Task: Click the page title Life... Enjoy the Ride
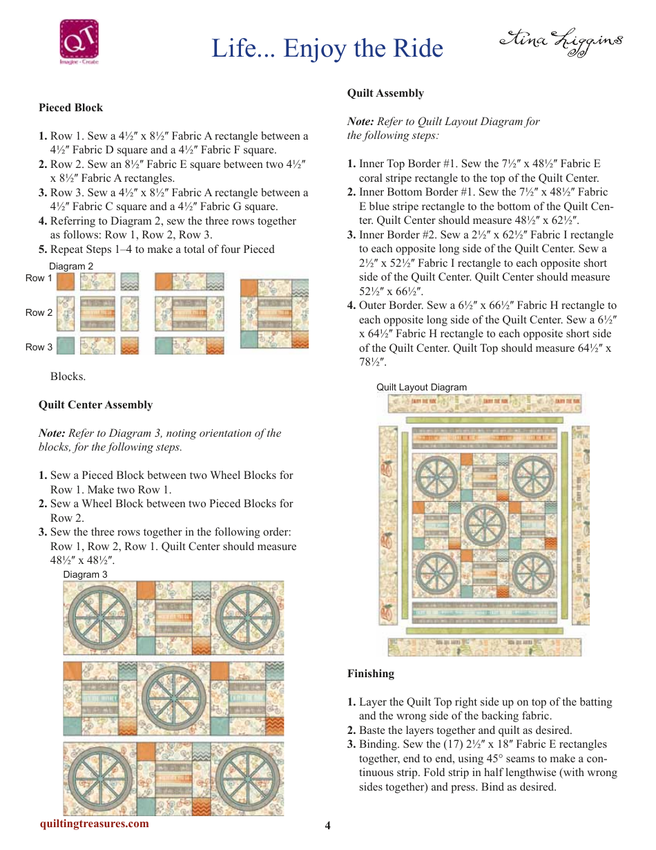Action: pos(327,48)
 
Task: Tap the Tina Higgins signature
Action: pos(560,43)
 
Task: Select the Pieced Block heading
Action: pos(70,108)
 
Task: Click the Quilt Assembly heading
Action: pos(385,93)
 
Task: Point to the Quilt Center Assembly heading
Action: pos(95,405)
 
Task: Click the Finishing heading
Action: pos(371,674)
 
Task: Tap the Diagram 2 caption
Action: pos(71,266)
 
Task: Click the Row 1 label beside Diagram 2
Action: pos(39,278)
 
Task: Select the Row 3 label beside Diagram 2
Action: pos(39,347)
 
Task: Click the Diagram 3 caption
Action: pos(85,574)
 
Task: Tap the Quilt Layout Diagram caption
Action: pos(421,387)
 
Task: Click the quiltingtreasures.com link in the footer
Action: pos(94,823)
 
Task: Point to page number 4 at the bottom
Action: pos(328,826)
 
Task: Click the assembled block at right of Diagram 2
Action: pos(274,314)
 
